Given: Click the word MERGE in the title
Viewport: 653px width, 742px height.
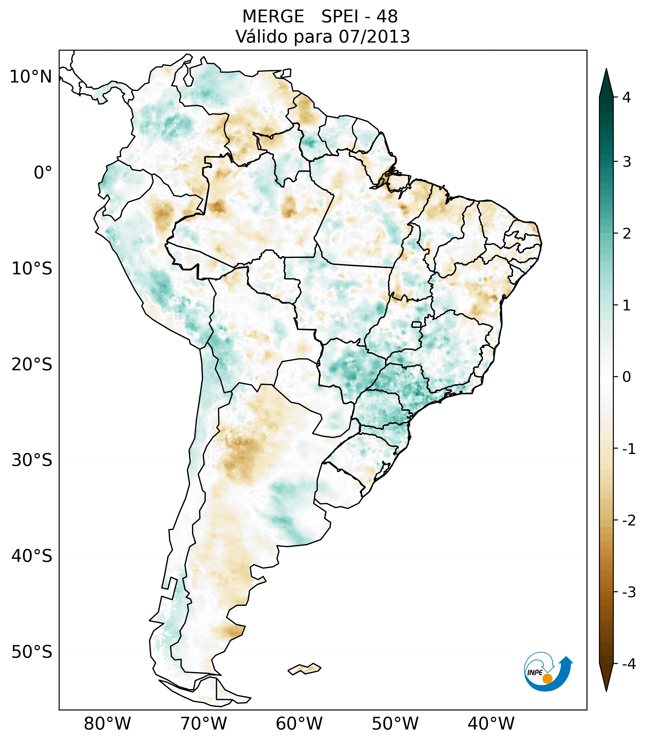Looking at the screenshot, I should coord(273,17).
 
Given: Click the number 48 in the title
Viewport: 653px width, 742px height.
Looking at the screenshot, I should coord(387,17).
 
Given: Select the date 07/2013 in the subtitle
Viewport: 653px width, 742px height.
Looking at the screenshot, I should coord(374,37).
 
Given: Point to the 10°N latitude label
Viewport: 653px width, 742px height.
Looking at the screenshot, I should coord(31,77).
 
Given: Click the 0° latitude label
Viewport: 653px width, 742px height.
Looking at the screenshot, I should coord(43,173).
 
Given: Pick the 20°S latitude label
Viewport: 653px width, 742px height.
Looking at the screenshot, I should coord(32,365).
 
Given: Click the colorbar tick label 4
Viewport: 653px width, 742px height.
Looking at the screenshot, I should coord(626,97).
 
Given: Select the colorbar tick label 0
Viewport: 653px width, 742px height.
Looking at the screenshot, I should coord(626,377).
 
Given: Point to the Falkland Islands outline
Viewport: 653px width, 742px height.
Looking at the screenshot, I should coord(304,668).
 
